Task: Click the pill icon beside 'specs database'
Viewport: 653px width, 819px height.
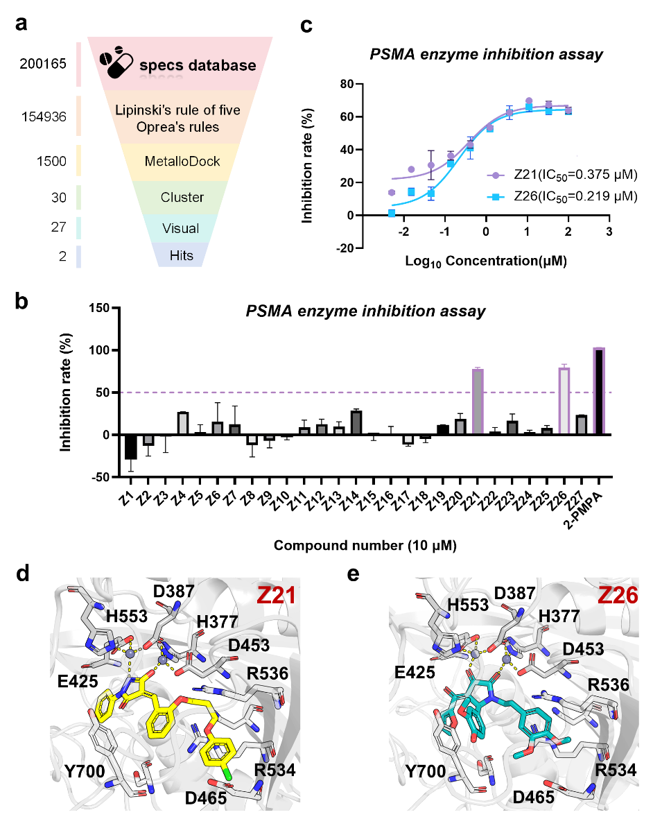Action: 116,62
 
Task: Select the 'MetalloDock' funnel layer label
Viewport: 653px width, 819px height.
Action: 182,162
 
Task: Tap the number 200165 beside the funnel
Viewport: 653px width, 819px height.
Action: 43,64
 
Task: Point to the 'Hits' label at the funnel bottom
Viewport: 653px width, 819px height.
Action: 181,255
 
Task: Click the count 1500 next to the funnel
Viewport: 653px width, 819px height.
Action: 51,161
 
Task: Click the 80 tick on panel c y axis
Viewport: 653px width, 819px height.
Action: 347,84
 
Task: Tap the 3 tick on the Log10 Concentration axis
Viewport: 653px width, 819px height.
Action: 609,232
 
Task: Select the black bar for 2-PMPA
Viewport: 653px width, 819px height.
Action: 599,390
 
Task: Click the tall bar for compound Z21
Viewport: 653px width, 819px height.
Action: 478,401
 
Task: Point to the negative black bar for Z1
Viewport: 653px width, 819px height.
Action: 130,447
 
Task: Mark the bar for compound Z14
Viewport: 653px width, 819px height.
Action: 356,422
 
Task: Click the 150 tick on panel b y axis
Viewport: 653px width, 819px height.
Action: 99,308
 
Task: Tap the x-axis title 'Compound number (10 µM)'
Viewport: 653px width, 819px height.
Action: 365,546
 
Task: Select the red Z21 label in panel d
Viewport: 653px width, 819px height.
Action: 276,596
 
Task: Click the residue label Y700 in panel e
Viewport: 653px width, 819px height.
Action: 426,771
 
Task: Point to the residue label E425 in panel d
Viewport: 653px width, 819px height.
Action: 78,681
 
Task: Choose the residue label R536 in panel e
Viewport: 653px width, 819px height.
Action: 609,684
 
